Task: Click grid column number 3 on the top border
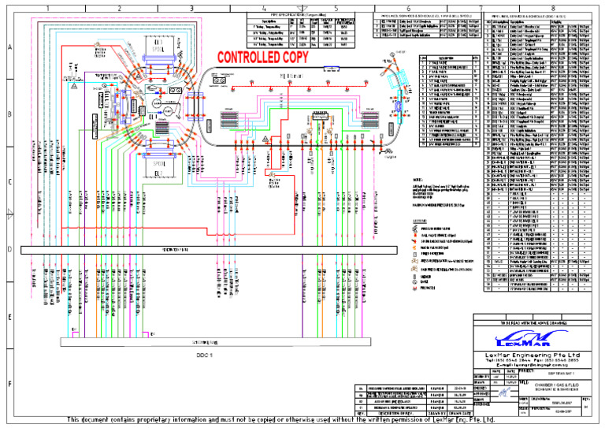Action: [x=191, y=8]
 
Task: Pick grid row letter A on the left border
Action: [x=9, y=47]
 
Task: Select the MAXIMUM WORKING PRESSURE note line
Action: [x=441, y=207]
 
